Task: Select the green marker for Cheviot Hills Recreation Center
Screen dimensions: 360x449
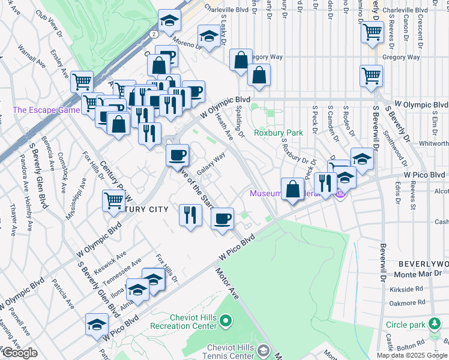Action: tap(226, 322)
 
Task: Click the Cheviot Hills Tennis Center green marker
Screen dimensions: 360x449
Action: tap(262, 350)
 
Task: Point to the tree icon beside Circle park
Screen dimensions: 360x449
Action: tap(435, 325)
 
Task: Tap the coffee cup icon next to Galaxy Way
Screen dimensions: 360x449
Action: tap(177, 155)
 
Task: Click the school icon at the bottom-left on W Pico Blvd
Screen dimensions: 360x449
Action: tap(96, 325)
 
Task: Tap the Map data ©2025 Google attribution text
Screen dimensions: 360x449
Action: tap(412, 355)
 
